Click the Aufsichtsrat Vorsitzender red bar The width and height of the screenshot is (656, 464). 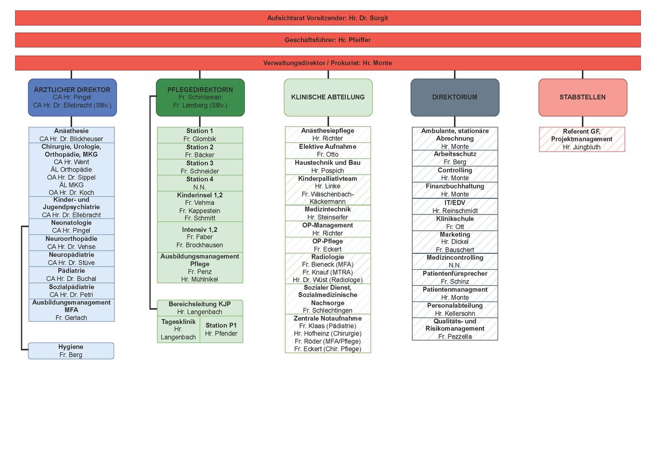click(328, 18)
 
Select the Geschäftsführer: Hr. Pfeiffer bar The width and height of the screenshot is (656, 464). click(328, 40)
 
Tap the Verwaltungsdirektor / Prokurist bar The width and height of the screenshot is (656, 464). click(328, 63)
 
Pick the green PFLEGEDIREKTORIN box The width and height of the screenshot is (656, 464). click(200, 97)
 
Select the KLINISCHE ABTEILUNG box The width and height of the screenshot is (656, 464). click(328, 97)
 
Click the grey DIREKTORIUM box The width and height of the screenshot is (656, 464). click(455, 97)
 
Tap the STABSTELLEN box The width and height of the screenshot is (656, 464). click(583, 97)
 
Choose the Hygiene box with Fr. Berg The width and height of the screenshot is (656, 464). click(71, 351)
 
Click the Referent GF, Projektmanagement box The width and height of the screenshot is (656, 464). click(582, 139)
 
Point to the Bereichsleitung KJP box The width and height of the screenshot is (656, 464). click(200, 308)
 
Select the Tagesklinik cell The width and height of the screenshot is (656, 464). click(178, 329)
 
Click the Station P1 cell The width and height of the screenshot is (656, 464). click(221, 329)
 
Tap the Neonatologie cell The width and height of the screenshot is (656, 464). click(72, 227)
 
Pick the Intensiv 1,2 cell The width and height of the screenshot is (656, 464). click(200, 237)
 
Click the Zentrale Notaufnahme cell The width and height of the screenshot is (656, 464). click(328, 333)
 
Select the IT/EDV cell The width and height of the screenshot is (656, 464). click(455, 206)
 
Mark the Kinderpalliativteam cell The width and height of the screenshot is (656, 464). click(328, 190)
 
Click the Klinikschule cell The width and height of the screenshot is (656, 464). click(455, 222)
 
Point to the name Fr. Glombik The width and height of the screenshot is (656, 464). click(200, 139)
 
